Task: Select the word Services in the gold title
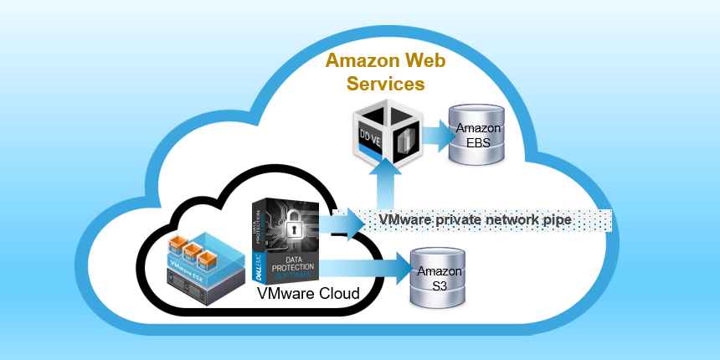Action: point(375,84)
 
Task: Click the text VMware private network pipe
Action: point(475,219)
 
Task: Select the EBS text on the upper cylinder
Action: point(478,141)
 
